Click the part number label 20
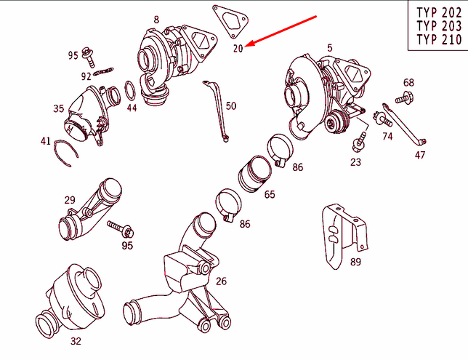click(238, 49)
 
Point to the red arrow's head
click(248, 45)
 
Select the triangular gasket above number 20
click(227, 20)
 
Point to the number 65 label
click(270, 195)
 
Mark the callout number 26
click(221, 281)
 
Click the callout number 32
click(76, 339)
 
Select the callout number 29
click(70, 199)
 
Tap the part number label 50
click(230, 106)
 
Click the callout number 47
click(421, 155)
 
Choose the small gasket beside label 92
click(106, 71)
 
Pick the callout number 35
click(59, 109)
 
